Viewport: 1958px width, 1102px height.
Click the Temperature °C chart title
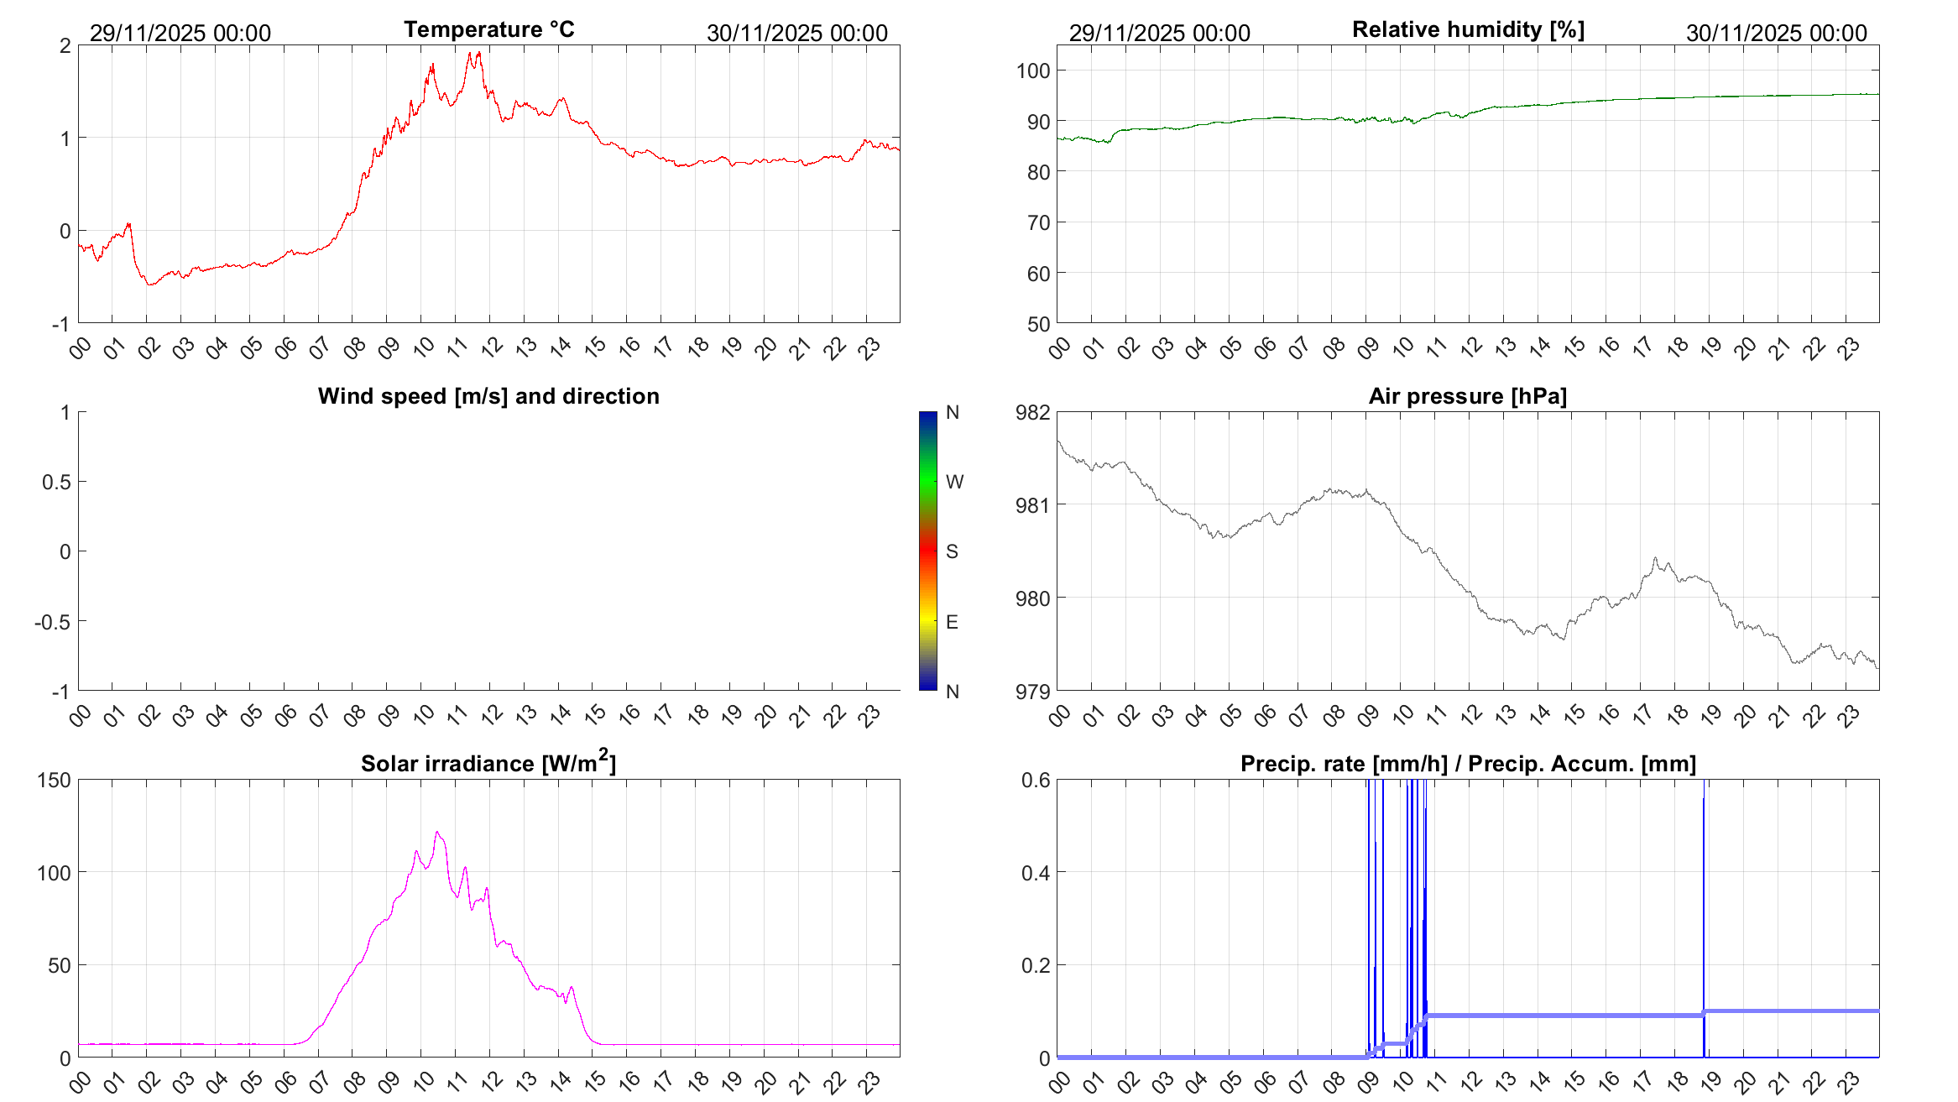click(x=488, y=29)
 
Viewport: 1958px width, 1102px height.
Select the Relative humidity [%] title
click(x=1468, y=29)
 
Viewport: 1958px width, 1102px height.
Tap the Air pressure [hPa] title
click(x=1467, y=396)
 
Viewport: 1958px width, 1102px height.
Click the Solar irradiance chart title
click(x=488, y=763)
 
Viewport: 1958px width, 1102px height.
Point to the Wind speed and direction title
click(x=488, y=396)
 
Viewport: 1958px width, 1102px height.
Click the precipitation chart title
click(x=1468, y=764)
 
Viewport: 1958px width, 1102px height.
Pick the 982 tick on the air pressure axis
click(x=1032, y=412)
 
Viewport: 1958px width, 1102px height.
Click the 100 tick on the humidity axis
click(x=1033, y=71)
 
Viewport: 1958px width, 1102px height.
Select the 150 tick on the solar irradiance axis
click(x=54, y=780)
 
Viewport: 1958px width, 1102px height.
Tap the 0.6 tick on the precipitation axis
click(x=1035, y=780)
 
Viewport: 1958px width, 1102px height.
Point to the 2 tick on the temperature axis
click(x=65, y=45)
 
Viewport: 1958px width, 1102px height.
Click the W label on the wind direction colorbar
click(x=954, y=482)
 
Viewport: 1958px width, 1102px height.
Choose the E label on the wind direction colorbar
click(x=952, y=622)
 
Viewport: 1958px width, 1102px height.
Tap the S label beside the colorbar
click(x=952, y=551)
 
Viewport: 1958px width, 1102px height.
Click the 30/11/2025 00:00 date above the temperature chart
click(x=796, y=33)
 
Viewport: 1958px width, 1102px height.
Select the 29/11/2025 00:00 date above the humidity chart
click(x=1159, y=33)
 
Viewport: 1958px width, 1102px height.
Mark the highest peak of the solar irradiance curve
click(x=436, y=833)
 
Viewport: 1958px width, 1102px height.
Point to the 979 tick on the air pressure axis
click(x=1032, y=692)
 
